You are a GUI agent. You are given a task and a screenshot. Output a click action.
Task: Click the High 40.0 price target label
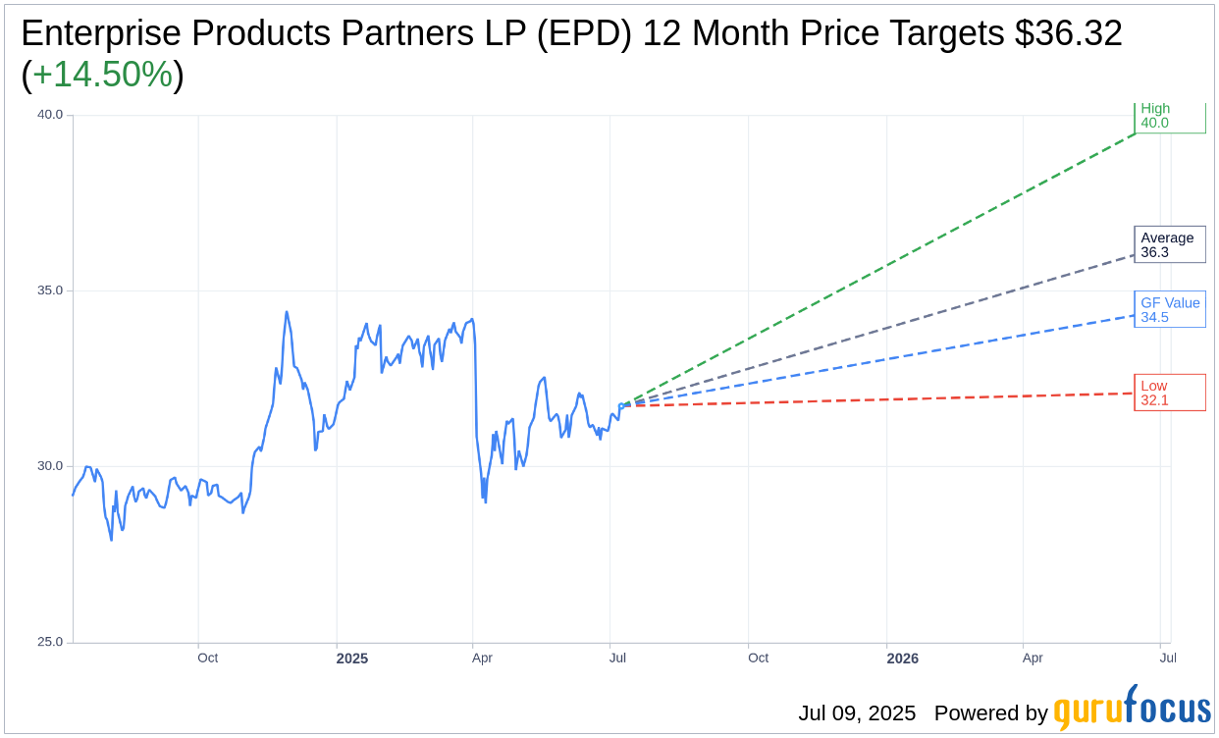[1169, 116]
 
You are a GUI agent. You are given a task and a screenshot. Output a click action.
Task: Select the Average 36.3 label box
[1169, 244]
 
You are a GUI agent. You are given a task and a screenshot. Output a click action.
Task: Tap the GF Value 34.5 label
[1169, 309]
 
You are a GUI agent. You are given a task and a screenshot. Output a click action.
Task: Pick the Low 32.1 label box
[1169, 393]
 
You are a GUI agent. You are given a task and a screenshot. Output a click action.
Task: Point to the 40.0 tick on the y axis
[50, 115]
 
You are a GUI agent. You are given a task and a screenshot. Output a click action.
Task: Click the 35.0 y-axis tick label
[50, 290]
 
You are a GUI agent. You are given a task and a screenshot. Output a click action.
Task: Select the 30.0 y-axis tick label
[50, 466]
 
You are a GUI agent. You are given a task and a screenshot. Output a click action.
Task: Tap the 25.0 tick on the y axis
[50, 642]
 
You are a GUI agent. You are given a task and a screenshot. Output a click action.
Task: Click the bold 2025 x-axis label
[352, 659]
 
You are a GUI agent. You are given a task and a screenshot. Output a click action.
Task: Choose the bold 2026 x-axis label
[902, 659]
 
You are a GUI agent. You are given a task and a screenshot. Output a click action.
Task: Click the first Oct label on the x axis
[207, 658]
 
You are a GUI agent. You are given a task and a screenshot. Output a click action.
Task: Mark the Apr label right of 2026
[1033, 658]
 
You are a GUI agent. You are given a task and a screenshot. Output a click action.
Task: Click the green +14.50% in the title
[102, 75]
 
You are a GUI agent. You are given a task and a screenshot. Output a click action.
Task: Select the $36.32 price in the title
[1068, 33]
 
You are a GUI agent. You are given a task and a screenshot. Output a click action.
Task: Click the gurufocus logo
[1132, 708]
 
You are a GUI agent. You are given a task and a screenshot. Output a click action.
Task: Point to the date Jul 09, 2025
[857, 713]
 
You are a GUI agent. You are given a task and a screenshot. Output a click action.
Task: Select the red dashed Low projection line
[883, 399]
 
